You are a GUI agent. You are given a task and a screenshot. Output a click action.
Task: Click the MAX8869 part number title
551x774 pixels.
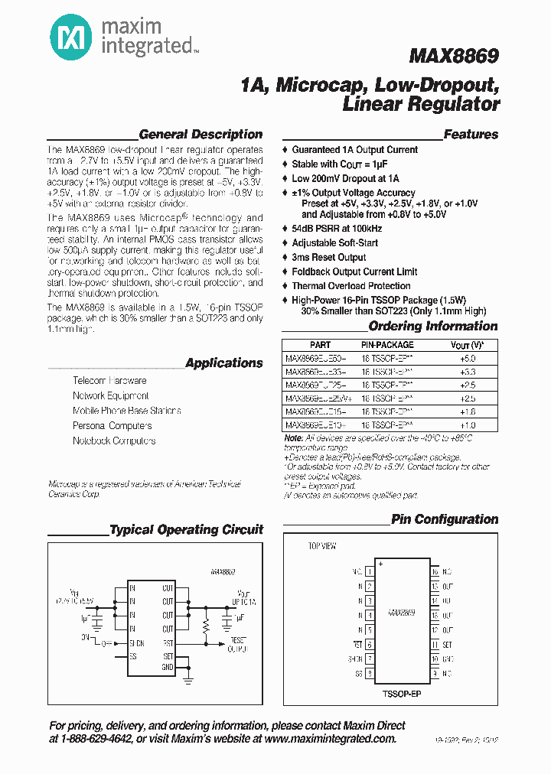click(454, 56)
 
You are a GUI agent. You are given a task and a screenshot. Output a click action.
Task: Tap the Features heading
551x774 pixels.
click(471, 135)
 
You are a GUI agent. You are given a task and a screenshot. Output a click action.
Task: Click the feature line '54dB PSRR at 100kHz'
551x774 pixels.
click(337, 228)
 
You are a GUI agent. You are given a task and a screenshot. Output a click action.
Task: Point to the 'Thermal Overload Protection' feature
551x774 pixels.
click(351, 286)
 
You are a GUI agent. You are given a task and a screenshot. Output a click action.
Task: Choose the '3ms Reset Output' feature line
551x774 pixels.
click(329, 257)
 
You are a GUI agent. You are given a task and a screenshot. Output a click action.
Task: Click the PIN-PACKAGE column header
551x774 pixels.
click(386, 345)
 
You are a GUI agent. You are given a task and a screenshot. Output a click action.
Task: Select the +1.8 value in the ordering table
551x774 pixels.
click(468, 411)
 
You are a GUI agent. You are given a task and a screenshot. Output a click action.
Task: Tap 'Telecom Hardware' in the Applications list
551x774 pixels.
click(109, 381)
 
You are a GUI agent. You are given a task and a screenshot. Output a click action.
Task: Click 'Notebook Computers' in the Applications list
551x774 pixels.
click(114, 441)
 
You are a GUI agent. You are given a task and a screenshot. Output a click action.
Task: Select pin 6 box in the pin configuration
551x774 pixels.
click(370, 645)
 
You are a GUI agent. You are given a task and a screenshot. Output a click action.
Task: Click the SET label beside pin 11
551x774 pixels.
click(448, 645)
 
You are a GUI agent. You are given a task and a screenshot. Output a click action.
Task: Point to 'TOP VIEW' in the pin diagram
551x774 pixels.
click(322, 546)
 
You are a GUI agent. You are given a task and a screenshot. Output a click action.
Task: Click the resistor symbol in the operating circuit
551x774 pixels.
click(205, 629)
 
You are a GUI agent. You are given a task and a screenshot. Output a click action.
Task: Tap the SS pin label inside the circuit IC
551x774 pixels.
click(133, 656)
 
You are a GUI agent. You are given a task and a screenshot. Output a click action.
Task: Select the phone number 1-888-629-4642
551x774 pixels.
click(103, 740)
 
